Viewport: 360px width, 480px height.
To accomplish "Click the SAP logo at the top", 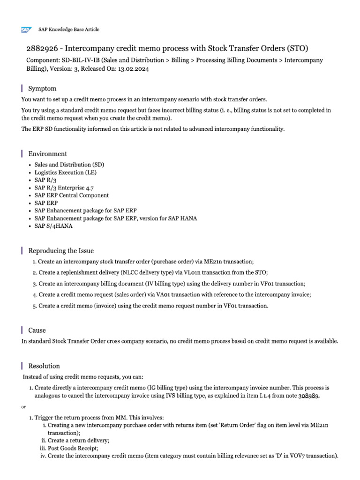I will (x=25, y=30).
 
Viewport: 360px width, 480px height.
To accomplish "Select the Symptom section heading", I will (x=42, y=88).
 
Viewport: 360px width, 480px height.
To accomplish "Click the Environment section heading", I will (x=47, y=154).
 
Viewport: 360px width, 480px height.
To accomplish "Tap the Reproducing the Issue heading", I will (x=61, y=250).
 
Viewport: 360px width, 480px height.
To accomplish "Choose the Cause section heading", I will (x=37, y=330).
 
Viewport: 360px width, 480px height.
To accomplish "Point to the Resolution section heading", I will (x=44, y=366).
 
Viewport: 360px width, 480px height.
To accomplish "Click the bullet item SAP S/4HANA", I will (x=53, y=225).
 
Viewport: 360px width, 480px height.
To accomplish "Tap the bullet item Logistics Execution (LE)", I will (x=65, y=172).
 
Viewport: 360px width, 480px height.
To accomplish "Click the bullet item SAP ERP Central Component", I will (x=71, y=195).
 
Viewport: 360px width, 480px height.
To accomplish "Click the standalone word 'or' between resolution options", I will (x=24, y=407).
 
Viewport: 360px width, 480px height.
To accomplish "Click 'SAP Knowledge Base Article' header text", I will (x=68, y=30).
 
